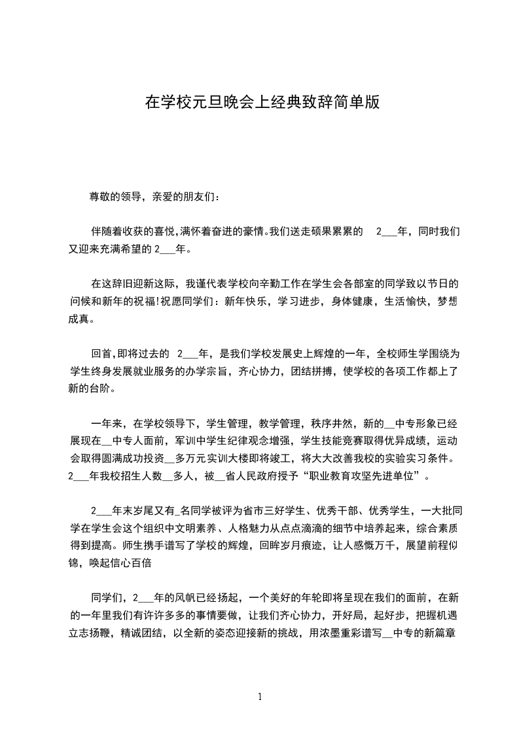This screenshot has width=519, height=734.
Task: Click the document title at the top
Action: click(262, 102)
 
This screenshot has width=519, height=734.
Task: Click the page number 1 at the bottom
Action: click(260, 697)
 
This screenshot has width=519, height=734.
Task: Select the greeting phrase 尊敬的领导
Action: click(112, 197)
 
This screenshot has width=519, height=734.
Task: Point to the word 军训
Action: click(164, 442)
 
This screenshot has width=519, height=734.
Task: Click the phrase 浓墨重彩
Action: click(346, 633)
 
